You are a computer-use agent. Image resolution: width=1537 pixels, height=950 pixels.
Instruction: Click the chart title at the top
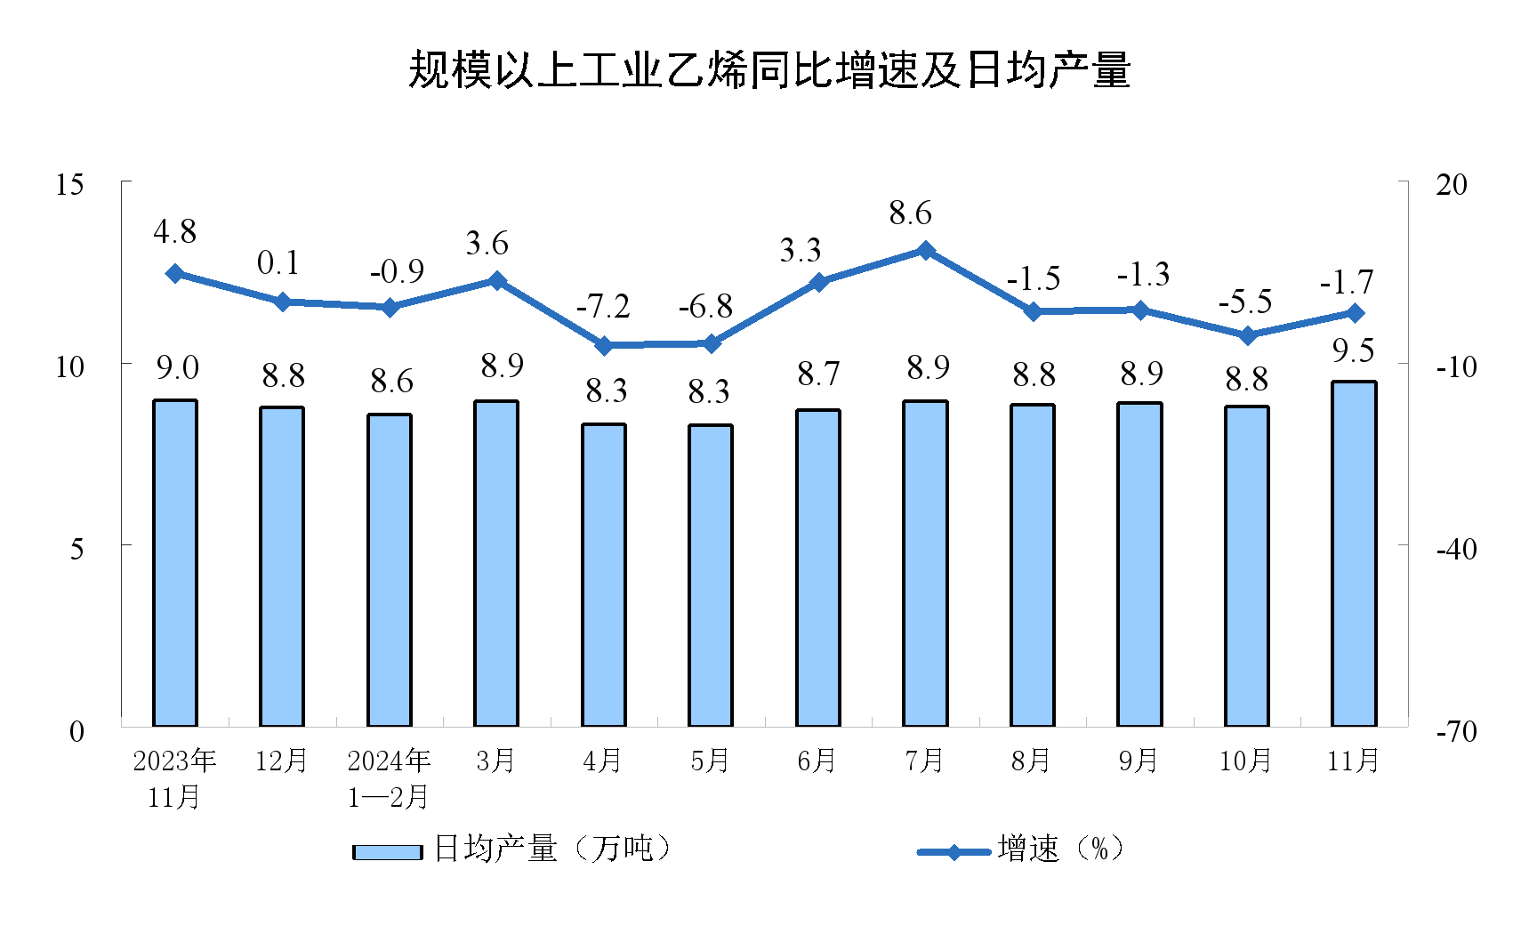coord(768,70)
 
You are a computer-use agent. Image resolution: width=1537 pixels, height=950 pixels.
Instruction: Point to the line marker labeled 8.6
coord(925,251)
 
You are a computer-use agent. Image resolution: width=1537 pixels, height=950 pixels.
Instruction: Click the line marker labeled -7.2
coord(604,345)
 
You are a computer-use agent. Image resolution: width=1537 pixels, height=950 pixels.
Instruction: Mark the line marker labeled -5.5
coord(1247,335)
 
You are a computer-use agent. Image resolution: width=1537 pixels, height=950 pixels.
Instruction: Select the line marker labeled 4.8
coord(175,273)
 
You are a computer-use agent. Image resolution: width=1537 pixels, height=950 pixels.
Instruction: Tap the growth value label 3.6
coord(487,244)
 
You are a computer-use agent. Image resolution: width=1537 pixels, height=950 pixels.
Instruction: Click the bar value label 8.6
coord(391,382)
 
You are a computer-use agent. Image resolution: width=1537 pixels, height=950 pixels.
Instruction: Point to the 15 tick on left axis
coord(69,185)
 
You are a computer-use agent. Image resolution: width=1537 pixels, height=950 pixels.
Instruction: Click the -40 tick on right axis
coord(1456,549)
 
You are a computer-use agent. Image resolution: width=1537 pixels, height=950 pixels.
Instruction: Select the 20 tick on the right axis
coord(1451,185)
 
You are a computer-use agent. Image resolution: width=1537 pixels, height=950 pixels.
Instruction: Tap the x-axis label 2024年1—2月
coord(389,778)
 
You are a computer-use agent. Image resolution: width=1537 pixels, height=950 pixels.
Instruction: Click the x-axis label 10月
coord(1245,761)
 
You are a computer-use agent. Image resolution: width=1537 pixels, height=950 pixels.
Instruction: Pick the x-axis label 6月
coord(817,761)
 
